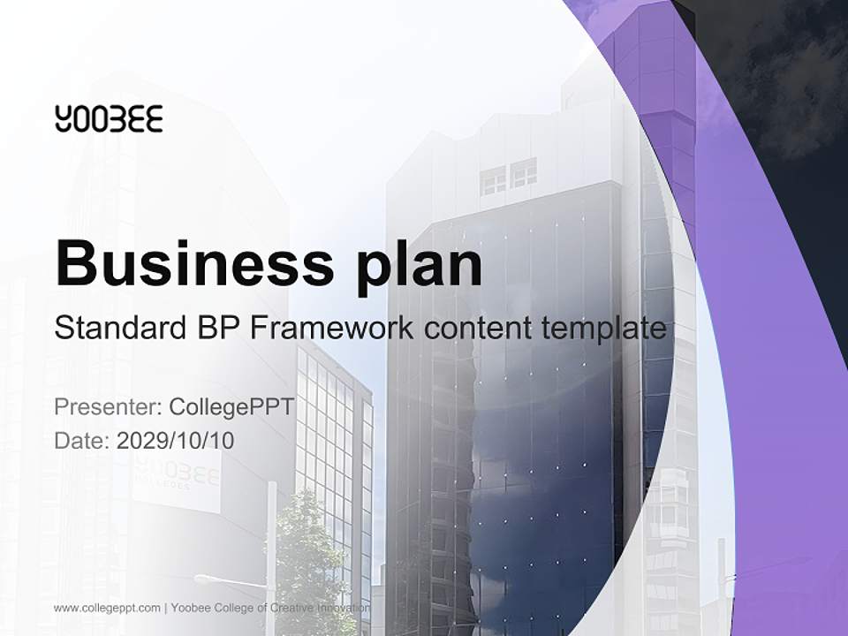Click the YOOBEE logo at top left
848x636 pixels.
(109, 118)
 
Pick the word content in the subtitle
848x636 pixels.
(473, 329)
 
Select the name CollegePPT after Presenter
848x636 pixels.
(231, 407)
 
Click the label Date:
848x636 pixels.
(82, 441)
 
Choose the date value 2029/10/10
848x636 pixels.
(176, 441)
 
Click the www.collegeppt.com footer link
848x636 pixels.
(107, 608)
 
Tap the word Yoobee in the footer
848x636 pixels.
(192, 608)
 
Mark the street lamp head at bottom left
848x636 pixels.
(205, 579)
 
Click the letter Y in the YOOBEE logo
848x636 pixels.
(63, 118)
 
